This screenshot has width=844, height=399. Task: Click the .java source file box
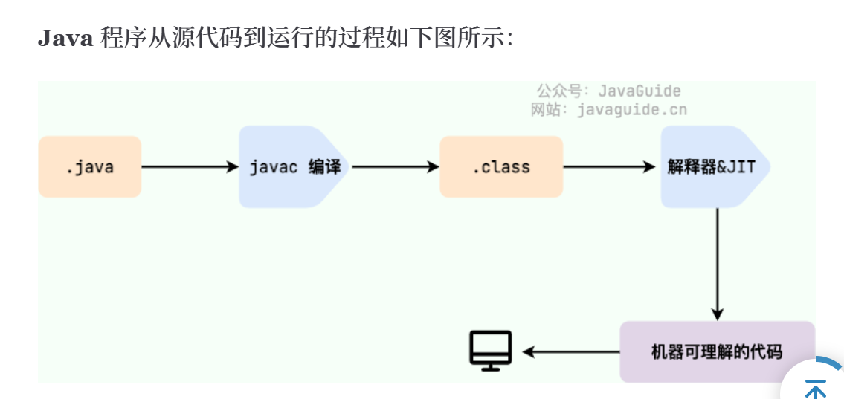(89, 166)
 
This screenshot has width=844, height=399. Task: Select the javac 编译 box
(294, 166)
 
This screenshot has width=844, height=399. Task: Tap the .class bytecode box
(500, 166)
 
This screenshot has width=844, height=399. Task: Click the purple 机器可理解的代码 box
(716, 351)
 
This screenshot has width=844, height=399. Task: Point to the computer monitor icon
(491, 350)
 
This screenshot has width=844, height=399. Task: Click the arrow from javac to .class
(395, 166)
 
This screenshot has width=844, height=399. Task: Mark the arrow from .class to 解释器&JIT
(609, 166)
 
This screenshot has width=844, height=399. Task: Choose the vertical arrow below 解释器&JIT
(717, 264)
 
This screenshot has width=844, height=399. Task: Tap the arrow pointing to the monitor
(570, 351)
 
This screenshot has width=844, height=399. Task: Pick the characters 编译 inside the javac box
(324, 166)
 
